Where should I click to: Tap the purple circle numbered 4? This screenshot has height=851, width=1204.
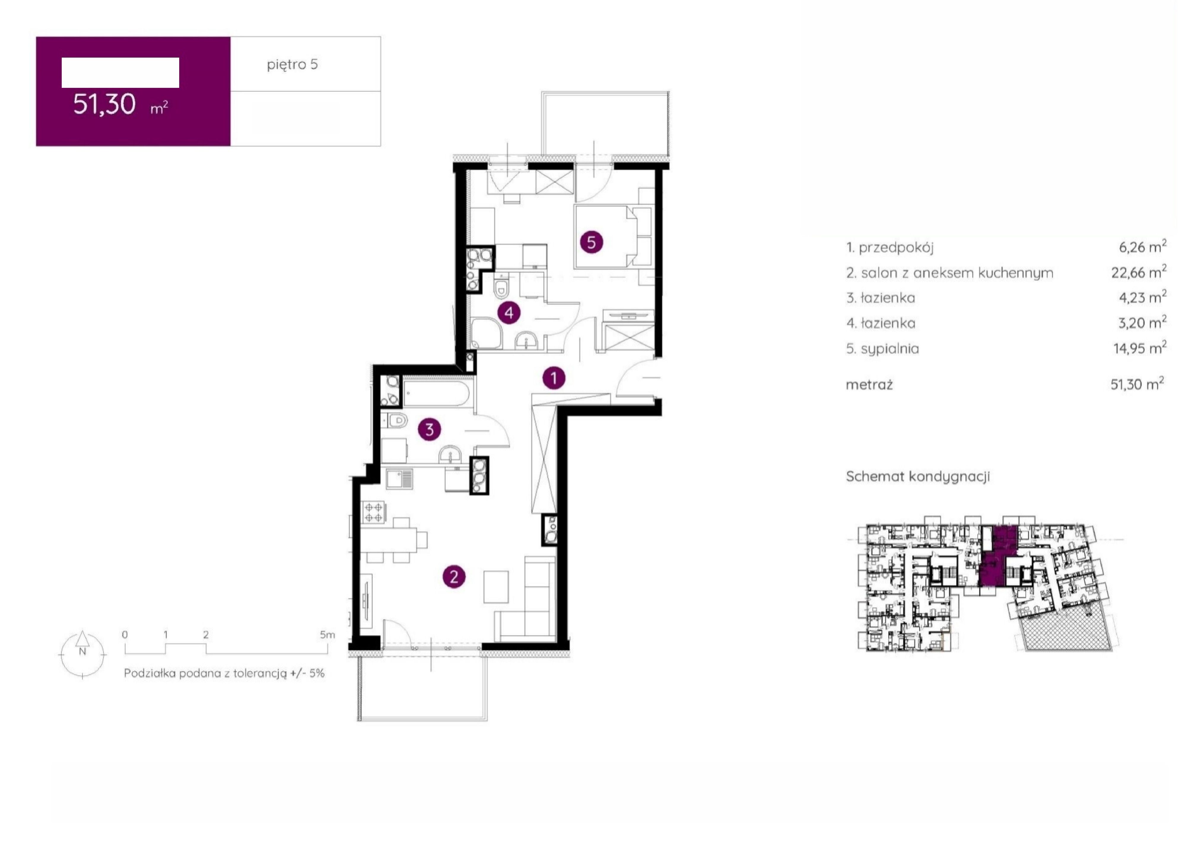click(509, 313)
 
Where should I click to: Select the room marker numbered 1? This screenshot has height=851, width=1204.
click(554, 377)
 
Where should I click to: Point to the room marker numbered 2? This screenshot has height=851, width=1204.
click(454, 577)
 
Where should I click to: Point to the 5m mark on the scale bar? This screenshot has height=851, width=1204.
click(327, 635)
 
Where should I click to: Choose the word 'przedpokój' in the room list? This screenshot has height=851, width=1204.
click(896, 248)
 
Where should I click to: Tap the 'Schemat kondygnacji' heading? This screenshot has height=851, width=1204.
click(918, 476)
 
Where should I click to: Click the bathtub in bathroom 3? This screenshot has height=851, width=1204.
click(436, 393)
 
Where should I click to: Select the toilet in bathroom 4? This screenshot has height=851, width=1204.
click(501, 286)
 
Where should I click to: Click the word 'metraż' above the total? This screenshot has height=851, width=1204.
click(869, 385)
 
